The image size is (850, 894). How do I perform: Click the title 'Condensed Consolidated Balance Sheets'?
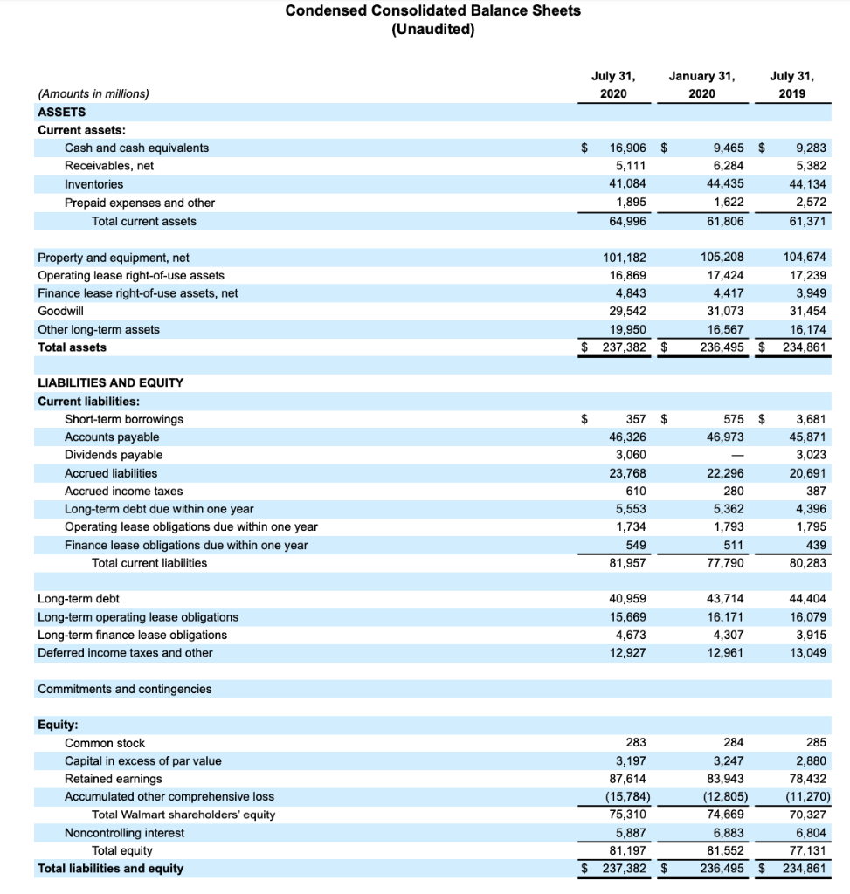pyautogui.click(x=432, y=10)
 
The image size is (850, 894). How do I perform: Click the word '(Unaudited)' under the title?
pyautogui.click(x=432, y=29)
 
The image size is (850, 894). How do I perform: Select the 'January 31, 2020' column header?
pyautogui.click(x=701, y=85)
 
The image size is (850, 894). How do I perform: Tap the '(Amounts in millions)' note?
pyautogui.click(x=93, y=93)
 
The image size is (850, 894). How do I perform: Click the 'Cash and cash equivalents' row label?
pyautogui.click(x=136, y=148)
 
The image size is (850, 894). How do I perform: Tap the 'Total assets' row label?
pyautogui.click(x=72, y=347)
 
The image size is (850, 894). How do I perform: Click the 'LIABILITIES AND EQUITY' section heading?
pyautogui.click(x=110, y=382)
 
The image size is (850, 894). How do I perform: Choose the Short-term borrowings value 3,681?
pyautogui.click(x=812, y=419)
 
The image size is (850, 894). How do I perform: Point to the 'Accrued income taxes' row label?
pyautogui.click(x=123, y=491)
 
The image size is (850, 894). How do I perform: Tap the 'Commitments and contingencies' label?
pyautogui.click(x=124, y=689)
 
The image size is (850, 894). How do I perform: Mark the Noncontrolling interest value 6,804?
pyautogui.click(x=812, y=833)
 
